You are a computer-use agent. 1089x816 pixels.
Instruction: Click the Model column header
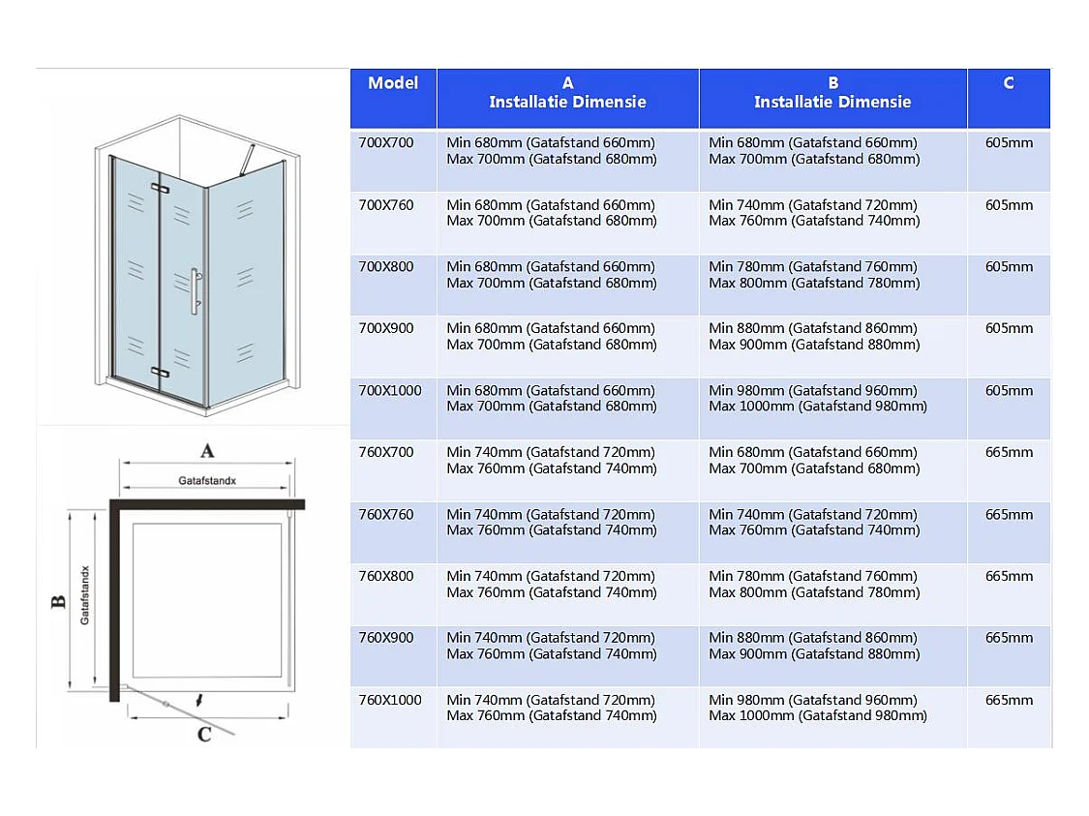pos(393,83)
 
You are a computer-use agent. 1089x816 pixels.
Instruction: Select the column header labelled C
pos(1009,83)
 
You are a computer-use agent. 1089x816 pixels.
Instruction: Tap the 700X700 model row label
pos(386,143)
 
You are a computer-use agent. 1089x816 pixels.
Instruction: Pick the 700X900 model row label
pos(386,328)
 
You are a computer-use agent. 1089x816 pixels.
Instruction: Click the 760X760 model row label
pos(386,515)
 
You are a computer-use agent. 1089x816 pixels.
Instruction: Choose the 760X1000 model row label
pos(390,700)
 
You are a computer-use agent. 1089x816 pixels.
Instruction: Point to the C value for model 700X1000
pos(1009,391)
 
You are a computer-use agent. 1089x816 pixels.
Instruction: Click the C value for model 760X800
pos(1009,576)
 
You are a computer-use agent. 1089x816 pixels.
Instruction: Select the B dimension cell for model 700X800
pos(814,275)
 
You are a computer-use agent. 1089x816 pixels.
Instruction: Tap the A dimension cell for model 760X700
pos(552,461)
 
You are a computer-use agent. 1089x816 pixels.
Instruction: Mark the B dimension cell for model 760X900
pos(814,646)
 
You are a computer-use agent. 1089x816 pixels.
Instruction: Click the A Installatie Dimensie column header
pos(567,93)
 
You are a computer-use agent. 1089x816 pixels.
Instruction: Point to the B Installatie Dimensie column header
pos(832,93)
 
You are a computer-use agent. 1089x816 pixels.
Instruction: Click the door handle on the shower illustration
pos(197,291)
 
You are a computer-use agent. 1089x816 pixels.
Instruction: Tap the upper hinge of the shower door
pos(161,188)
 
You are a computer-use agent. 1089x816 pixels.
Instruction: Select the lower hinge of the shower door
pos(161,373)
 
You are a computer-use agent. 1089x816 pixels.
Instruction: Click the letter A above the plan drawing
pos(207,451)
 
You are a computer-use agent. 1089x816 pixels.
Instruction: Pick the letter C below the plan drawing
pos(204,735)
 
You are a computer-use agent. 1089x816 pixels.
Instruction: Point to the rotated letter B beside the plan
pos(59,601)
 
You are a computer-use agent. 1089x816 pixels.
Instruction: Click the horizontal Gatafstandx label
pos(207,480)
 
